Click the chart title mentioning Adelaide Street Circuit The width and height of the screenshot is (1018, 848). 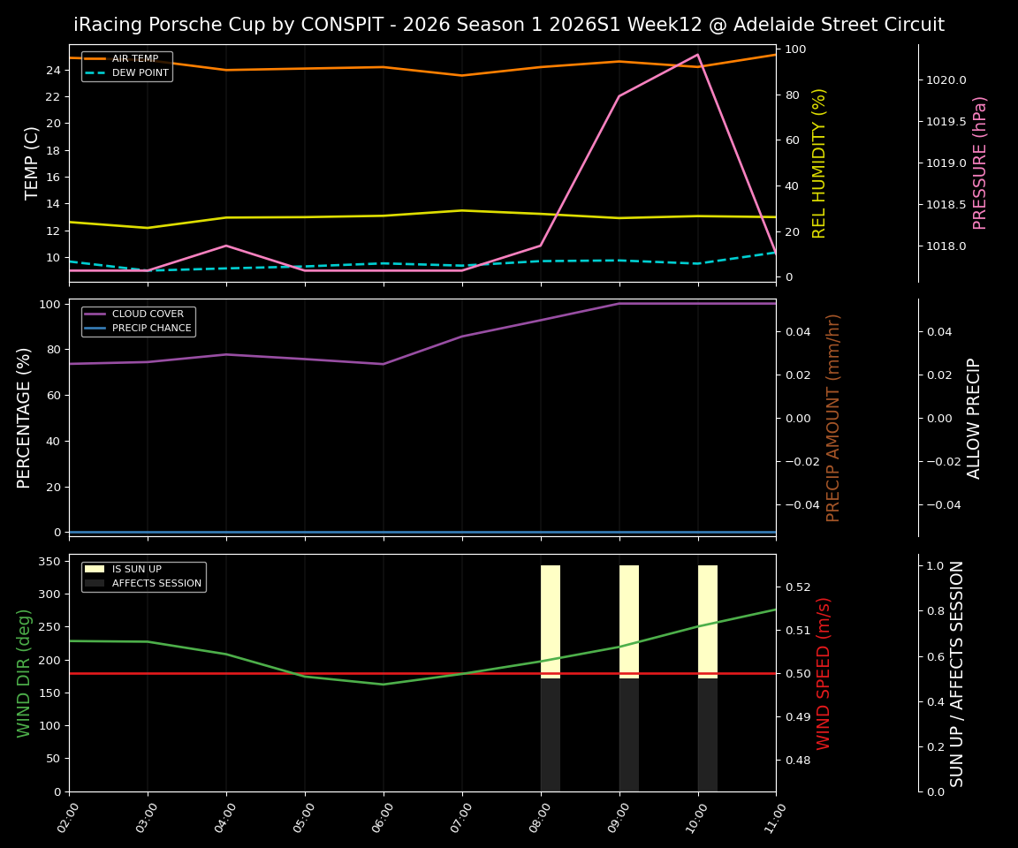pyautogui.click(x=509, y=25)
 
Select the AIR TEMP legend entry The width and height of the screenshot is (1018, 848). pyautogui.click(x=134, y=59)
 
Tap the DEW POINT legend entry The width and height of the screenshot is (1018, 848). pyautogui.click(x=140, y=73)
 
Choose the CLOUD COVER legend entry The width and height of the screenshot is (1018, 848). pyautogui.click(x=148, y=314)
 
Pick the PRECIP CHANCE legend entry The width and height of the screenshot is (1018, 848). pyautogui.click(x=151, y=329)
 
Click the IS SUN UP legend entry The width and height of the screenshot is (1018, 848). pyautogui.click(x=136, y=570)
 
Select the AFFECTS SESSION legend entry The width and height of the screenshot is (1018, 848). pyautogui.click(x=156, y=584)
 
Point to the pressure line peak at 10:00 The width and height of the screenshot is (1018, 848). pyautogui.click(x=697, y=55)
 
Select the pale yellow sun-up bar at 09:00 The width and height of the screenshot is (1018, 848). pyautogui.click(x=629, y=618)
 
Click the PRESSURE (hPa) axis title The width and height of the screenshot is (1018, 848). pyautogui.click(x=980, y=163)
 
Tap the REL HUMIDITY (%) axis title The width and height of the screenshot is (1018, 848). pyautogui.click(x=819, y=163)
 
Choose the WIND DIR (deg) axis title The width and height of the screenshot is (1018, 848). pyautogui.click(x=24, y=673)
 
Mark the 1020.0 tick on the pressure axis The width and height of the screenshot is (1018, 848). pyautogui.click(x=946, y=80)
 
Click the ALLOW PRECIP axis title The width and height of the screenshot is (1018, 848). pyautogui.click(x=974, y=418)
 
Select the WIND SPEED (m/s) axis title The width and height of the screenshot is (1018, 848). pyautogui.click(x=824, y=673)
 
